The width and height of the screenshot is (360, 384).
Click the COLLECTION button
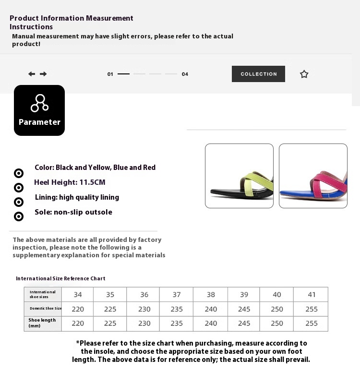tap(258, 74)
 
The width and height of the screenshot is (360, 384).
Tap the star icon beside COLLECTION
tap(304, 74)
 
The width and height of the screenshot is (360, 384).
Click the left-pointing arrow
tap(32, 74)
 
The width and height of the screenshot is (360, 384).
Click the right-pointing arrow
tap(43, 74)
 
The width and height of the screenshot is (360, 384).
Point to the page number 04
tap(185, 74)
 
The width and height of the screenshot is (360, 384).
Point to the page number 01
tap(110, 74)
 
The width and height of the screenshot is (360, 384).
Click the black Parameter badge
tap(39, 110)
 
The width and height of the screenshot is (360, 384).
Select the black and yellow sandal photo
tap(239, 176)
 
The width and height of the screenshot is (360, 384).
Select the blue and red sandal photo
tap(313, 176)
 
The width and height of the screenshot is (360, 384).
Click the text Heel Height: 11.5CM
tap(70, 182)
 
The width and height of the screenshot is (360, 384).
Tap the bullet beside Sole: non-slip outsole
tap(19, 216)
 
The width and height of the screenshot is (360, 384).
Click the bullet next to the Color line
tap(19, 173)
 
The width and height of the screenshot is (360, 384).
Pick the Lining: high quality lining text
tap(77, 197)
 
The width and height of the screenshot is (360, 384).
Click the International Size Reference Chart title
tap(60, 278)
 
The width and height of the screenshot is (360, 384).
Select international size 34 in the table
tap(78, 295)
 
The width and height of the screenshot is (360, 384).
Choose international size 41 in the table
tap(312, 295)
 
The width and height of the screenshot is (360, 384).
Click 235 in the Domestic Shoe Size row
tap(177, 309)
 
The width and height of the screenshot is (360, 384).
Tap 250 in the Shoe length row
tap(277, 324)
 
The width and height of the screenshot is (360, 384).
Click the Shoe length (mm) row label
tap(42, 323)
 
